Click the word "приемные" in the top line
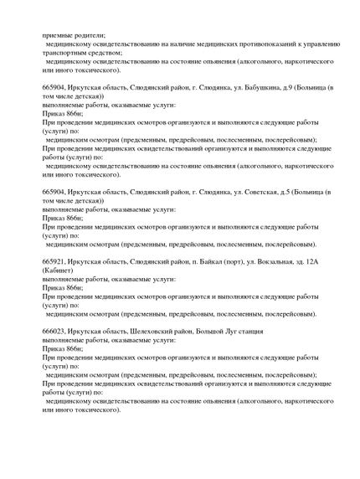tap(58, 34)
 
